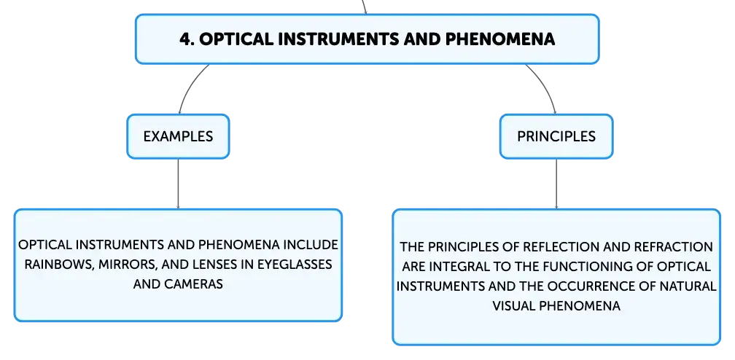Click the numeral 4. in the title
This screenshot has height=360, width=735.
coord(187,39)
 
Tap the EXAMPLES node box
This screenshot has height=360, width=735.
coord(178,136)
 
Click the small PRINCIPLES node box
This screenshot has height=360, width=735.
coord(556,136)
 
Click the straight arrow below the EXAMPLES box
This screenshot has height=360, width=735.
coord(178,184)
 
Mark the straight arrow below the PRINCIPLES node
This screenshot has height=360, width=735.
coord(556,184)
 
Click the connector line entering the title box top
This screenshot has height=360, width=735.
coord(365,7)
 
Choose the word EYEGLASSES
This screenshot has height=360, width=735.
coord(295,265)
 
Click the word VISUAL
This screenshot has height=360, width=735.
coord(514,306)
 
